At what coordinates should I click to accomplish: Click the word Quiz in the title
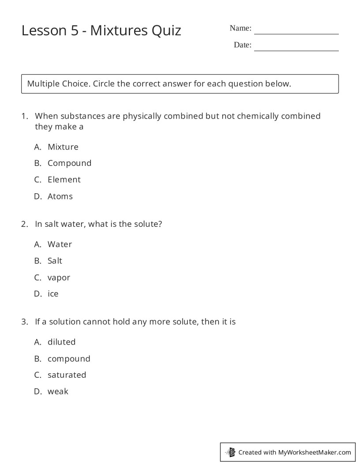coord(166,30)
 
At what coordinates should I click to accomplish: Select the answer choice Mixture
coord(63,147)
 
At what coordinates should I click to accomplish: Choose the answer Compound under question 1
coord(69,163)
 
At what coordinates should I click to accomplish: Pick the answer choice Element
coord(64,180)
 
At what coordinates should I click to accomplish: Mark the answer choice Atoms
coord(60,196)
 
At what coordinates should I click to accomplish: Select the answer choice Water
coord(60,244)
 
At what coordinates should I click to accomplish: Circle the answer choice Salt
coord(55,261)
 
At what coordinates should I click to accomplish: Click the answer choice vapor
coord(59,278)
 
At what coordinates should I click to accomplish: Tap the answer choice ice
coord(53,294)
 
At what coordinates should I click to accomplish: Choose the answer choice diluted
coord(61,342)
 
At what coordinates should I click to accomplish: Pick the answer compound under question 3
coord(69,359)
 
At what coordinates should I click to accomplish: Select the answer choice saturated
coord(67,375)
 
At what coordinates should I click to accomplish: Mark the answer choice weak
coord(58,391)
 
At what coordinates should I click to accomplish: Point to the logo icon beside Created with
coord(230,452)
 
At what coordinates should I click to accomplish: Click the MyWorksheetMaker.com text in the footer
coord(315,452)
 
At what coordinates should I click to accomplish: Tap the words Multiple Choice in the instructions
coord(58,84)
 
